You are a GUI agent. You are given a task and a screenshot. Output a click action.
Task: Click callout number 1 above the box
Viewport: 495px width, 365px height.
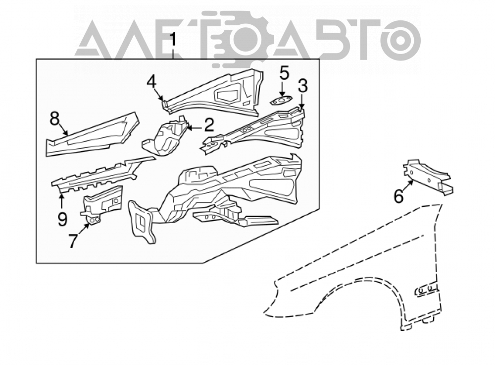click(173, 41)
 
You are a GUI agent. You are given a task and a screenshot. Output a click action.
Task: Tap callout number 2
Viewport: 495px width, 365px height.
click(209, 125)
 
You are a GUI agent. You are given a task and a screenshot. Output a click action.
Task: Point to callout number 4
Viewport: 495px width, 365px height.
click(151, 82)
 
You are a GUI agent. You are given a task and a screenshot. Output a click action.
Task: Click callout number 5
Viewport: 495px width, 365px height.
click(284, 73)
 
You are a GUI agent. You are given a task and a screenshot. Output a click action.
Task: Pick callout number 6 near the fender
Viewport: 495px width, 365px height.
click(398, 196)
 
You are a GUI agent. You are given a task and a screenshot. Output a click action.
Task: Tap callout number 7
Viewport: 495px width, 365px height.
click(73, 241)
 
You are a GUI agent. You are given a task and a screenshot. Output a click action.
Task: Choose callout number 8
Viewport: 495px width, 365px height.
click(54, 119)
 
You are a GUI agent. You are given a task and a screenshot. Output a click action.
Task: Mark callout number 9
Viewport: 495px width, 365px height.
click(62, 219)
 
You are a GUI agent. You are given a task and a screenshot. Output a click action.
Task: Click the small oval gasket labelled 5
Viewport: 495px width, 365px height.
click(280, 101)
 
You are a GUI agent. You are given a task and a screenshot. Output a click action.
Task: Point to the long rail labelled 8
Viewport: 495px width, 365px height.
click(92, 135)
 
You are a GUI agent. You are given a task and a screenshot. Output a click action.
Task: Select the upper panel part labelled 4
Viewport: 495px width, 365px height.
click(213, 92)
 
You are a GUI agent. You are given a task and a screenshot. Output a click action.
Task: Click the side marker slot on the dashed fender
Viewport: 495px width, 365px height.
click(427, 290)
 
